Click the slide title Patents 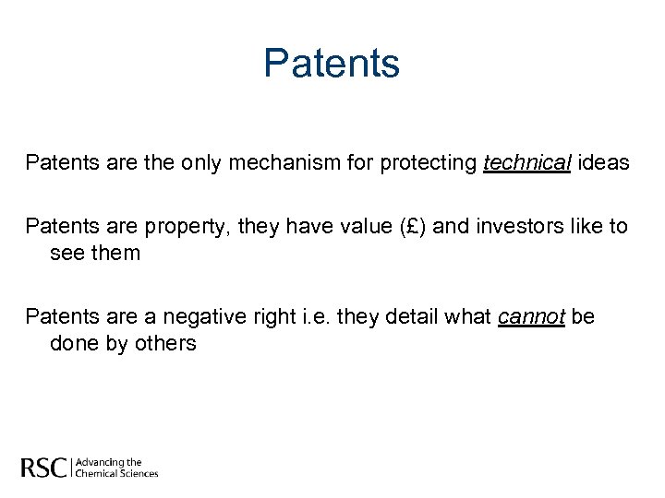tap(332, 64)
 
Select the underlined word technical tap(527, 163)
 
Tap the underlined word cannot tap(531, 318)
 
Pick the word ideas tap(605, 163)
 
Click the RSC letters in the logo tap(44, 468)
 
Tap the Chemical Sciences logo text tap(116, 473)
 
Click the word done tap(72, 344)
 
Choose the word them tap(115, 253)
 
